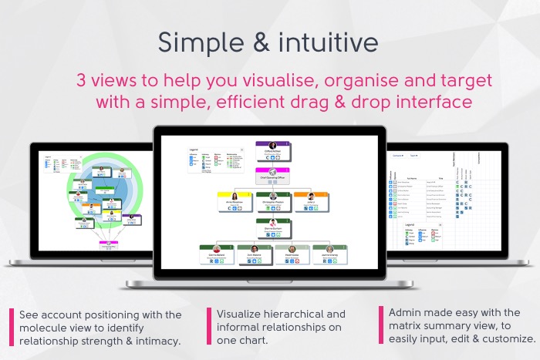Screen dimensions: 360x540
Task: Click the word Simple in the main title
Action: coord(196,42)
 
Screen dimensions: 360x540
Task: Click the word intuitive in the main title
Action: coord(324,42)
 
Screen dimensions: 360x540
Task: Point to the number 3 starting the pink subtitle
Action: coord(81,80)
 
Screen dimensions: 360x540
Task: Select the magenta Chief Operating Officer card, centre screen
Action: coord(272,177)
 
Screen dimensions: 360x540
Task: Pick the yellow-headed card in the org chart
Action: coord(234,201)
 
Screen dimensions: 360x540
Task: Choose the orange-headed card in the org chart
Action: coord(310,201)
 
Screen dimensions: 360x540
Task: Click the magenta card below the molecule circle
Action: coord(108,247)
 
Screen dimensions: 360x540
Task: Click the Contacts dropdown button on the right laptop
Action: coord(399,155)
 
